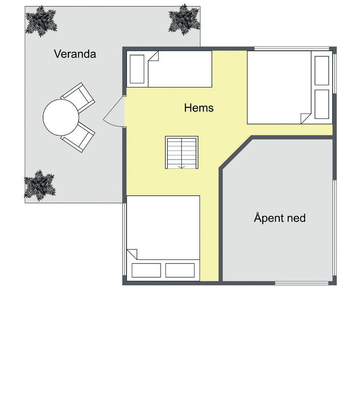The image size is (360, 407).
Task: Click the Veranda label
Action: point(75,54)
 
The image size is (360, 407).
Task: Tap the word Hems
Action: point(199,108)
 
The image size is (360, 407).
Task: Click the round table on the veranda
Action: point(61,118)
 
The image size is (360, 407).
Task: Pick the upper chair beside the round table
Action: point(78,97)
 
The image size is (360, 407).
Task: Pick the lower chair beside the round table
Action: point(78,137)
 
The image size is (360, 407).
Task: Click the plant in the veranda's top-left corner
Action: point(41,21)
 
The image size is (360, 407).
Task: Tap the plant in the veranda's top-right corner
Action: point(184,20)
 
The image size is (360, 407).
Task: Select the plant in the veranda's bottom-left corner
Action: point(40,185)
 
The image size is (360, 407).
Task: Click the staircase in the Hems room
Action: point(181,152)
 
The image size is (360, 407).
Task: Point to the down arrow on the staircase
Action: point(181,167)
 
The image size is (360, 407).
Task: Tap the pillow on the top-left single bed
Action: point(137,69)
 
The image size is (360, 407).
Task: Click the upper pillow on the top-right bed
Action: point(322,71)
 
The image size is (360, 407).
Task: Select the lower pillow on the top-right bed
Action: point(322,104)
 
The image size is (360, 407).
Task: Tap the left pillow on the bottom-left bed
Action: point(146,270)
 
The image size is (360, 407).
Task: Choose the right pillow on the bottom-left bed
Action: point(180,270)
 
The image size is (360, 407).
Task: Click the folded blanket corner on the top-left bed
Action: point(153,56)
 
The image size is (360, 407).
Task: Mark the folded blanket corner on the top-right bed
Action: point(306,118)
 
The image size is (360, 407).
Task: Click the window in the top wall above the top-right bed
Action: point(292,48)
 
